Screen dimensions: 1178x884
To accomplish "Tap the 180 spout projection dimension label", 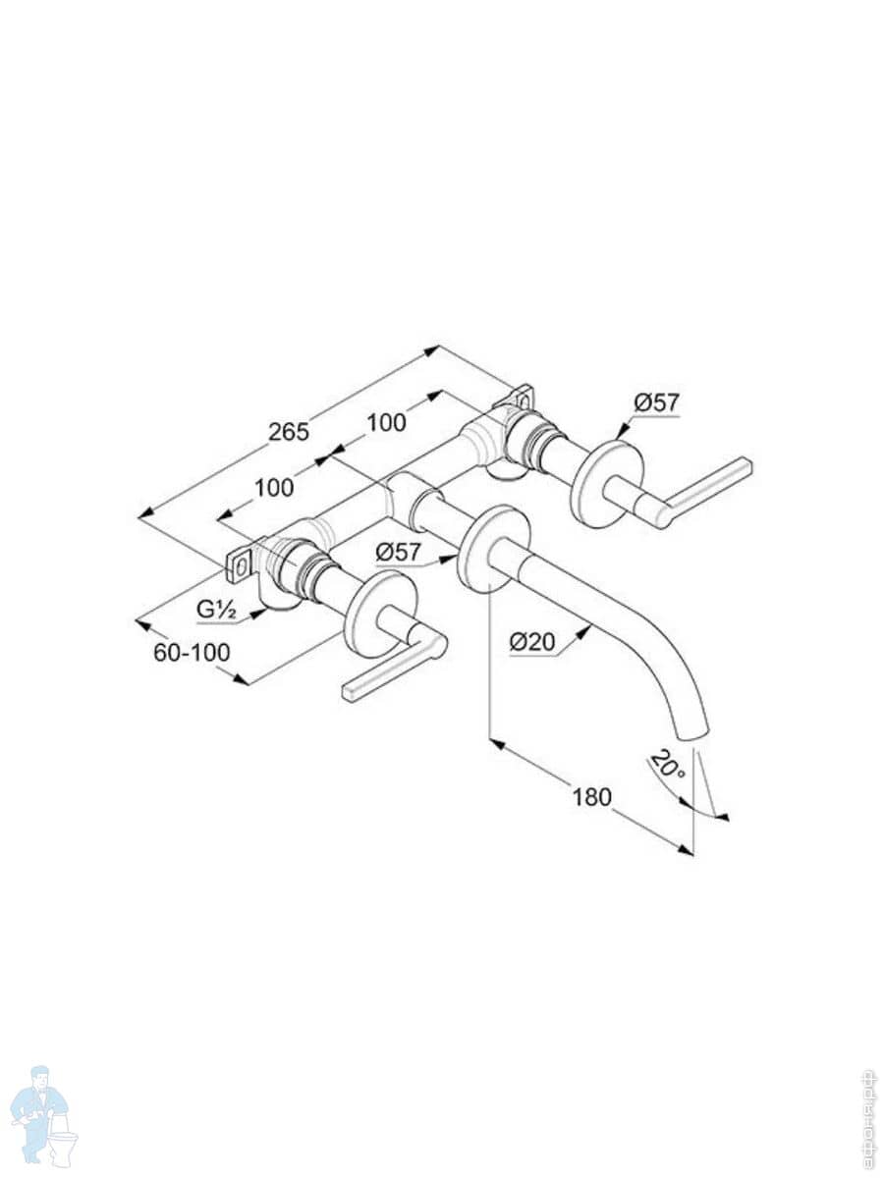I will [x=592, y=795].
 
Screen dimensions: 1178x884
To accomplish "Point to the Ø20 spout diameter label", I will [x=532, y=642].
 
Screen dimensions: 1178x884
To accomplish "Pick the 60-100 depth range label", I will [x=193, y=652].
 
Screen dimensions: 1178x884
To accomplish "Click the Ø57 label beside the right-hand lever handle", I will [x=656, y=402].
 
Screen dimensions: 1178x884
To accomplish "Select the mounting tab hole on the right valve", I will [x=522, y=400].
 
